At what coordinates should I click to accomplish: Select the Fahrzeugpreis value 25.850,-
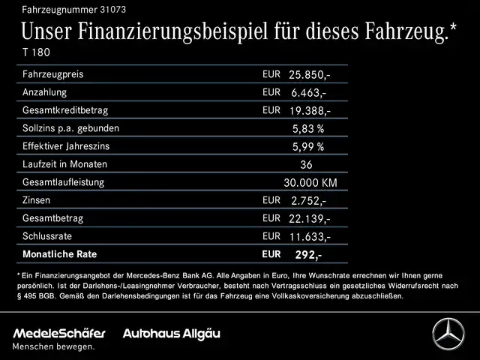[x=310, y=76]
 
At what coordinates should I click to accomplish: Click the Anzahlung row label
[x=44, y=92]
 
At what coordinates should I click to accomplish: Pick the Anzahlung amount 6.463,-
[x=307, y=93]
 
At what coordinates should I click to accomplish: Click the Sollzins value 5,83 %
[x=307, y=129]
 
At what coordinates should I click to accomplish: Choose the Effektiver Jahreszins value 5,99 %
[x=307, y=147]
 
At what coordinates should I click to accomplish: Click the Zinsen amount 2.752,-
[x=307, y=201]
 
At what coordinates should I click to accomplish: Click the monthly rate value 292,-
[x=307, y=254]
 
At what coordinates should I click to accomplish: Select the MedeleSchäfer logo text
[x=59, y=332]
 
